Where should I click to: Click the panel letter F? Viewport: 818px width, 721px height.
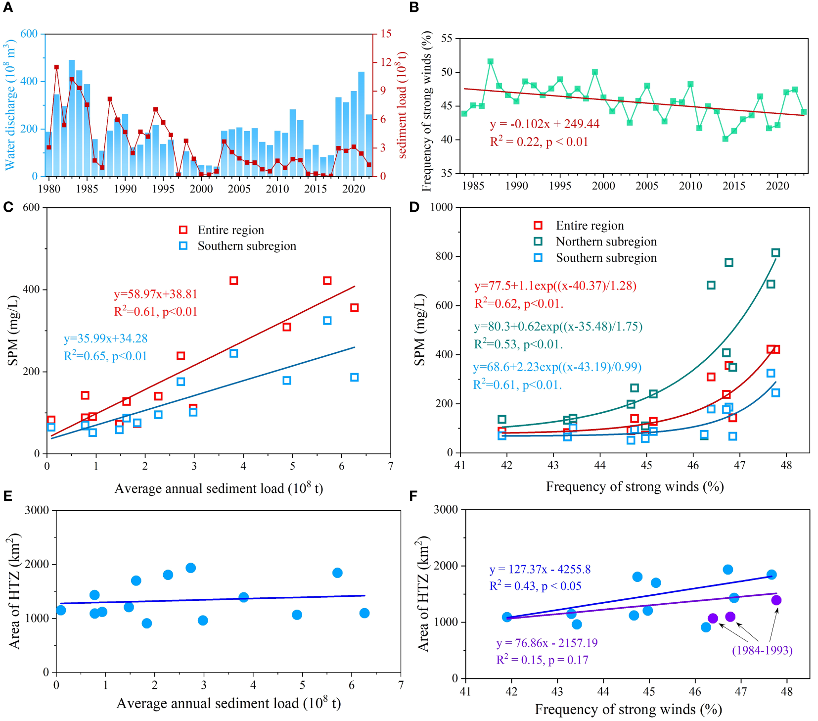413,496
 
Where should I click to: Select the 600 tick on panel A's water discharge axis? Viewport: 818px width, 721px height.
29,34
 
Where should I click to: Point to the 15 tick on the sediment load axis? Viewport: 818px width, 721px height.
386,34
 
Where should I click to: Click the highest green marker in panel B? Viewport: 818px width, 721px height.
491,62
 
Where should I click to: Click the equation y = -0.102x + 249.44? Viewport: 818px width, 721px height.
544,124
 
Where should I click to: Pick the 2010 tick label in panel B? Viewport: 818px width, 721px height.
690,186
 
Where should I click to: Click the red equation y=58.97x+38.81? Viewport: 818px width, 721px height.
156,294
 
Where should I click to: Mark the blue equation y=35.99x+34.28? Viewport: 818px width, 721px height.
106,339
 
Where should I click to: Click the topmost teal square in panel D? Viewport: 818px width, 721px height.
775,253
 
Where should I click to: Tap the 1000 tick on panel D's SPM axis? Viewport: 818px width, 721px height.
442,207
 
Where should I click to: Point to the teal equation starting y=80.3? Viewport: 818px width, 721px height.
558,327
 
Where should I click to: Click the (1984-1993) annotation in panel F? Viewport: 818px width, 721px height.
762,650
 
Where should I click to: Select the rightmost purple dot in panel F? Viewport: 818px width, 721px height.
776,600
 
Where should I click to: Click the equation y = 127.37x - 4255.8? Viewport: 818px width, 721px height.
540,570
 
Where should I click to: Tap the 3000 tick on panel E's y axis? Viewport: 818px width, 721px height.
37,510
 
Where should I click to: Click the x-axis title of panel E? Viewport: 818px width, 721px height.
228,703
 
